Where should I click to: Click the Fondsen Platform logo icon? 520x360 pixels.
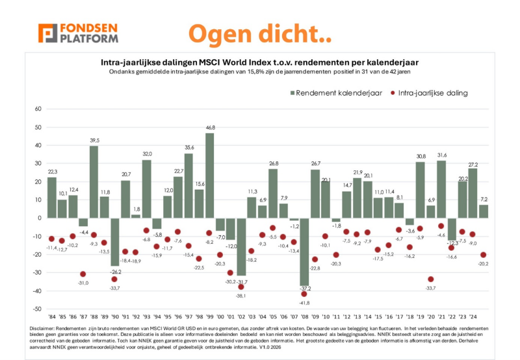(x=47, y=34)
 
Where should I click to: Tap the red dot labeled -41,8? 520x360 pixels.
(x=304, y=294)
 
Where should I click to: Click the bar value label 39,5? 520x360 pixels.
(x=94, y=140)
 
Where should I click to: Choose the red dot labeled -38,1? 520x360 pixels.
(x=241, y=287)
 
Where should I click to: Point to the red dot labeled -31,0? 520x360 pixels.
(x=83, y=274)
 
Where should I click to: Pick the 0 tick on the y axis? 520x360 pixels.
(x=38, y=218)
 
